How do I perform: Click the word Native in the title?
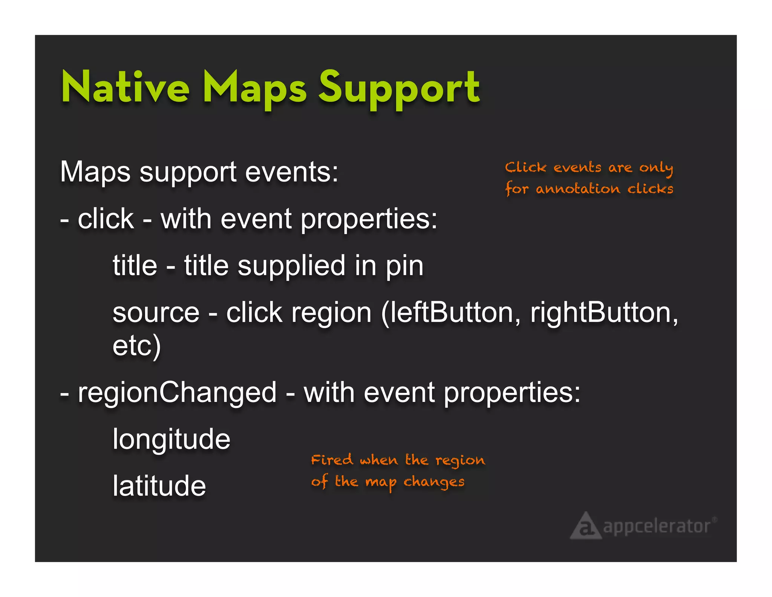click(x=125, y=88)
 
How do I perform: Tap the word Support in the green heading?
click(x=400, y=89)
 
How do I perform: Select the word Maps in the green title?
click(x=255, y=89)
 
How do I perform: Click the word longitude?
click(x=172, y=440)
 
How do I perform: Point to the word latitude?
click(x=159, y=486)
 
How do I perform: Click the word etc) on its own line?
click(x=136, y=345)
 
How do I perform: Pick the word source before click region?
click(x=156, y=313)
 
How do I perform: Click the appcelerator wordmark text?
click(x=657, y=526)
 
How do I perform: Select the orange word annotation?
click(x=577, y=189)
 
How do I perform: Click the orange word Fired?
click(x=332, y=460)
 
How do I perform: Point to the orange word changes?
click(x=434, y=482)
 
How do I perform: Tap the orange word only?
click(x=656, y=168)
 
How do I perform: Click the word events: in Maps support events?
click(x=291, y=172)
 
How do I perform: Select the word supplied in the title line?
click(x=291, y=266)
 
